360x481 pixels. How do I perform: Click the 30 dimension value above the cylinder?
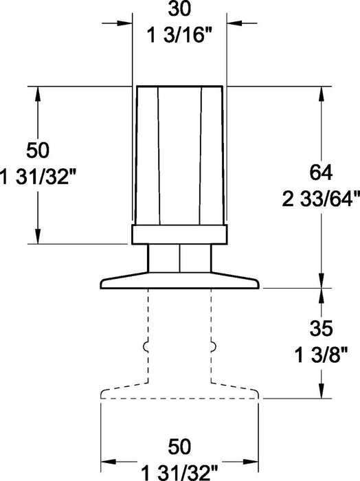(179, 8)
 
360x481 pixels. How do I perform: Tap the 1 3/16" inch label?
(180, 35)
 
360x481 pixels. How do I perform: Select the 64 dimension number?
(321, 172)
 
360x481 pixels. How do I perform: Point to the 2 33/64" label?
(321, 199)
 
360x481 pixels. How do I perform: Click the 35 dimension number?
(321, 328)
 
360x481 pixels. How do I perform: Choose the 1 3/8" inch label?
(321, 355)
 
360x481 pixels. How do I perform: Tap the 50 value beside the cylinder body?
(37, 150)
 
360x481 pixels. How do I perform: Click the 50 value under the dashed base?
(179, 447)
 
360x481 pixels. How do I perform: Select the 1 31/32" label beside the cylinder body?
(37, 177)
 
